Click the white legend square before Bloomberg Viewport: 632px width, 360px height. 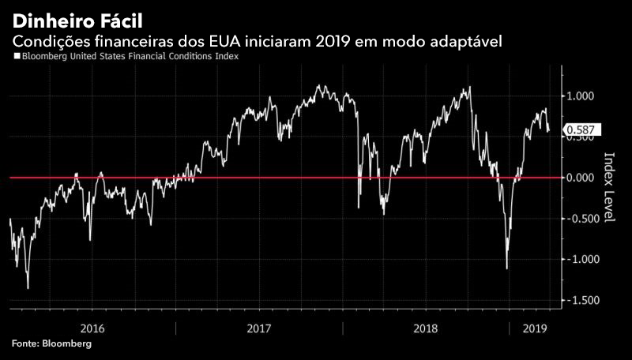coord(17,57)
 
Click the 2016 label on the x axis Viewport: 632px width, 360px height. coord(93,328)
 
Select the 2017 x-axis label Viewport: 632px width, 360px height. coord(259,328)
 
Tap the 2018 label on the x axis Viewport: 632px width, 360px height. coord(426,328)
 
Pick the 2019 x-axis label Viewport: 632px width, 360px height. coord(536,328)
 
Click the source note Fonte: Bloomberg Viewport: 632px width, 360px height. coord(51,344)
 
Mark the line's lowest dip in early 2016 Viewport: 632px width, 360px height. coord(28,288)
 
